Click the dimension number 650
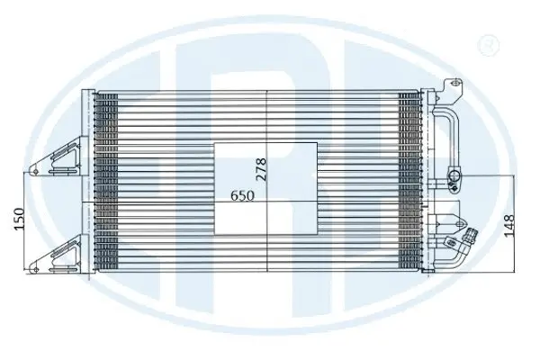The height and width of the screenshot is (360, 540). pos(242,194)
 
